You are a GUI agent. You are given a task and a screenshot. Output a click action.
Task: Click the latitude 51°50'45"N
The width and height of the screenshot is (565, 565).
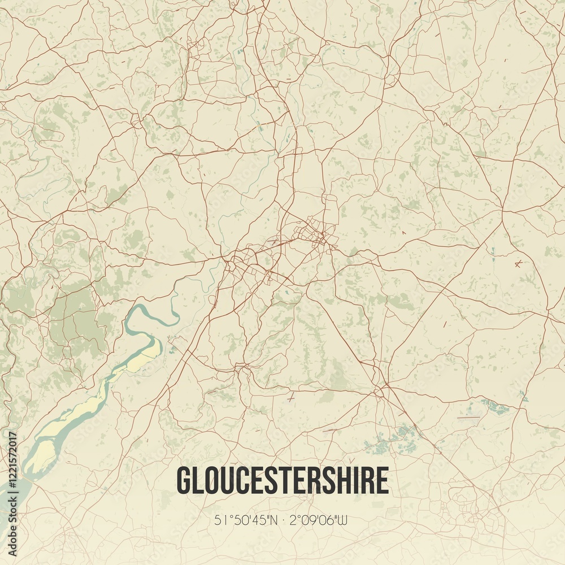[246, 520]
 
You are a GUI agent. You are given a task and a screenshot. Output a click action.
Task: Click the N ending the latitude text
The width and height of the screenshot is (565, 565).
[274, 520]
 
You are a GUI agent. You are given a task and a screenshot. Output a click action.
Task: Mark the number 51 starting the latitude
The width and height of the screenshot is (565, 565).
[220, 520]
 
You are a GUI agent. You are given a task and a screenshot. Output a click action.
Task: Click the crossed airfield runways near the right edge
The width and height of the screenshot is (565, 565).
[518, 263]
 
